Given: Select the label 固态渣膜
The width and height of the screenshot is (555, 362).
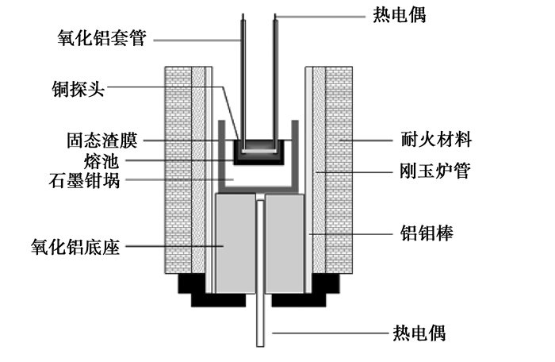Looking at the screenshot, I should click(101, 141).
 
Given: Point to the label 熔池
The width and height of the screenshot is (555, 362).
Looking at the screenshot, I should click(114, 161).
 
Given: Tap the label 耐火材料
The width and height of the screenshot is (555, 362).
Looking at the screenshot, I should click(434, 141).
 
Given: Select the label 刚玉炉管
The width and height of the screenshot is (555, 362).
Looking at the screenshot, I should click(433, 171).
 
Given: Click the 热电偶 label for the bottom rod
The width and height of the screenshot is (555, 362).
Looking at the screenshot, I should click(419, 332).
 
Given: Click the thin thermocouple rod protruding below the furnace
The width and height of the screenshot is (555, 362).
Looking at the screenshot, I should click(259, 325).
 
